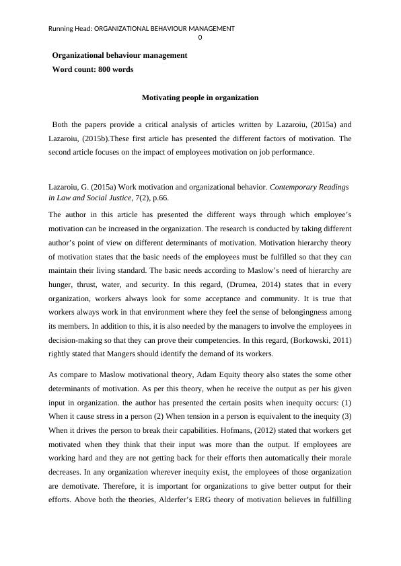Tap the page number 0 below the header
click(200, 38)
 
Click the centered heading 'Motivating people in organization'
click(200, 97)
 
